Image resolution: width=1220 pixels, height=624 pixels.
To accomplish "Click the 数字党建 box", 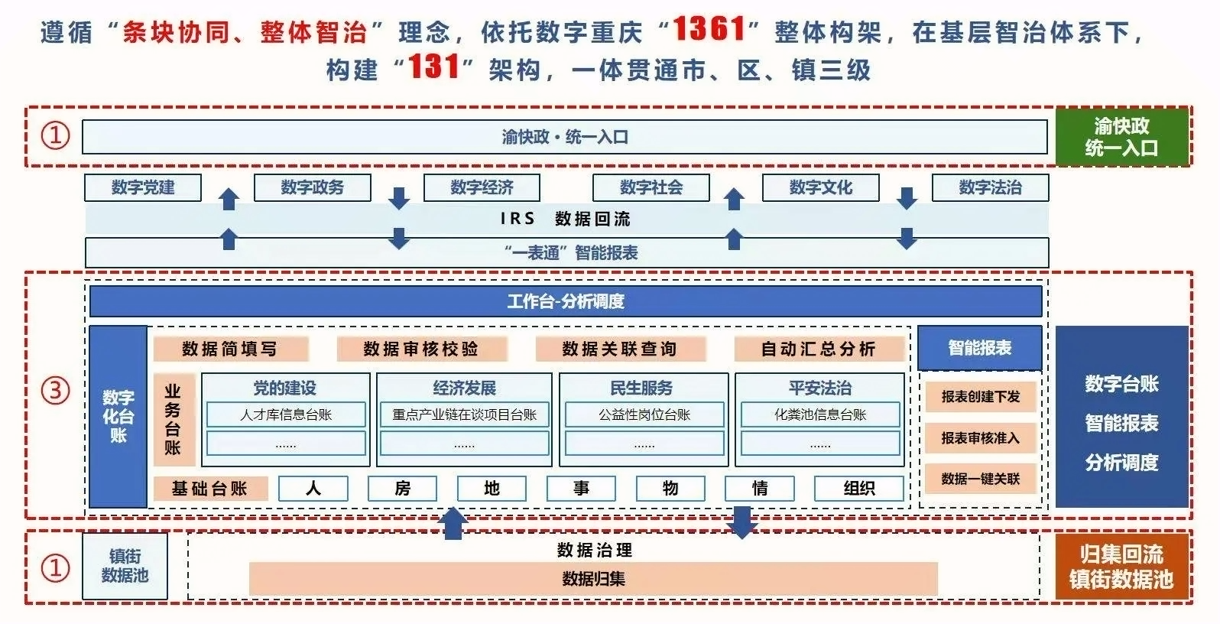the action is (x=143, y=187).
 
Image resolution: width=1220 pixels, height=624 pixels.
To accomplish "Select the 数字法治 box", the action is (x=990, y=187).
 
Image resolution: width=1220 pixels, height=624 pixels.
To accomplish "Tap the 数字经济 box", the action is (x=482, y=187).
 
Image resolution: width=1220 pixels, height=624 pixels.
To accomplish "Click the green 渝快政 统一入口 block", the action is (x=1121, y=137).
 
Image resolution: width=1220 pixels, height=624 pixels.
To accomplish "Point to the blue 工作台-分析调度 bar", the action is (x=566, y=301).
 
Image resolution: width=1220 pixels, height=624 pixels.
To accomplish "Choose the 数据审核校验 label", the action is (x=421, y=349).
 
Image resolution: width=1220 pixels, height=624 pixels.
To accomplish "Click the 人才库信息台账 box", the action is (x=286, y=415).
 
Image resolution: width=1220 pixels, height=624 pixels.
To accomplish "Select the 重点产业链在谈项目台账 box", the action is (x=465, y=415).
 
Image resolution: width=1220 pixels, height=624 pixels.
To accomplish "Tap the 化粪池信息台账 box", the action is (x=820, y=415).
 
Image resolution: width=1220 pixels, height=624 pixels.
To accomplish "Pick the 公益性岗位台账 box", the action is (x=644, y=415).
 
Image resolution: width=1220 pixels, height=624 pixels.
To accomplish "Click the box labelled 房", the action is (x=402, y=488).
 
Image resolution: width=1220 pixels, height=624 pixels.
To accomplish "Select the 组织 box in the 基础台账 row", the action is (x=859, y=488).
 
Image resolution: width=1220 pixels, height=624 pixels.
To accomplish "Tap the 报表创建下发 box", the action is (x=980, y=397).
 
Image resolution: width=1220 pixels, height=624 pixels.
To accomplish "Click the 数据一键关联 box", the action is (x=980, y=479).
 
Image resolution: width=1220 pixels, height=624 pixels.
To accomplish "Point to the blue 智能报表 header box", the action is (x=980, y=348).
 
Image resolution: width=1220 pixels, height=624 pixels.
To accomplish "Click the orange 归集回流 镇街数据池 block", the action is (x=1121, y=567).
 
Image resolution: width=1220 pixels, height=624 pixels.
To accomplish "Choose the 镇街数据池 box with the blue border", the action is (x=125, y=566).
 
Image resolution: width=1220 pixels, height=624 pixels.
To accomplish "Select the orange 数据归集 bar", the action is (x=593, y=579).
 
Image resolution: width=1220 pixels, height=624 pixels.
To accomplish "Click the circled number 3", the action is (x=55, y=391).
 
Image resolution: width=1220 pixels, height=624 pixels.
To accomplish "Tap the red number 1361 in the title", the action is (x=709, y=30).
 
